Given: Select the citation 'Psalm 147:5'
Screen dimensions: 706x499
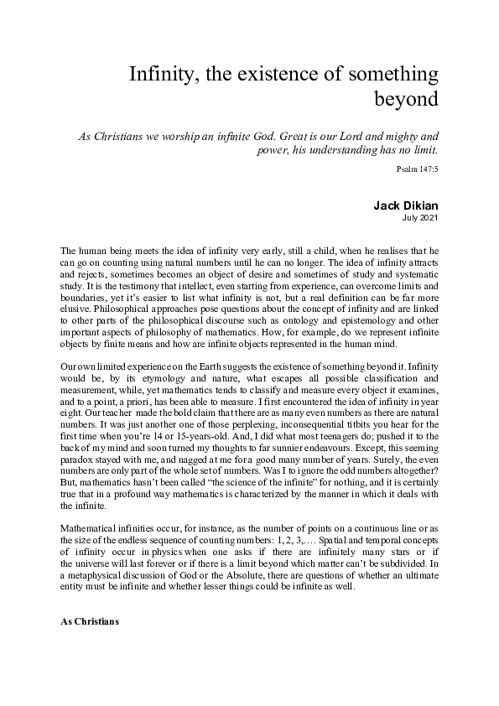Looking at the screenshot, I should (x=418, y=169).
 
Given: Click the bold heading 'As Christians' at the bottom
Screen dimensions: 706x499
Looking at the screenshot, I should (x=90, y=623).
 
